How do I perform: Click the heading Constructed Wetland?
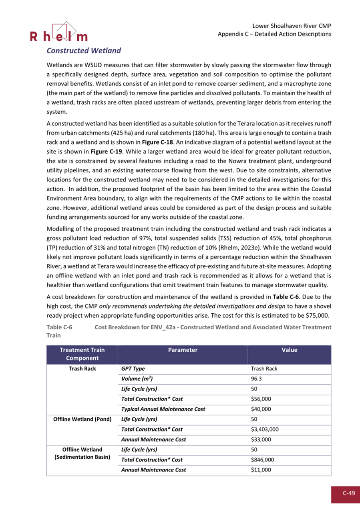coord(84,51)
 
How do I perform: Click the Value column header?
coord(289,350)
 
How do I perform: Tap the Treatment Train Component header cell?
coord(82,353)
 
